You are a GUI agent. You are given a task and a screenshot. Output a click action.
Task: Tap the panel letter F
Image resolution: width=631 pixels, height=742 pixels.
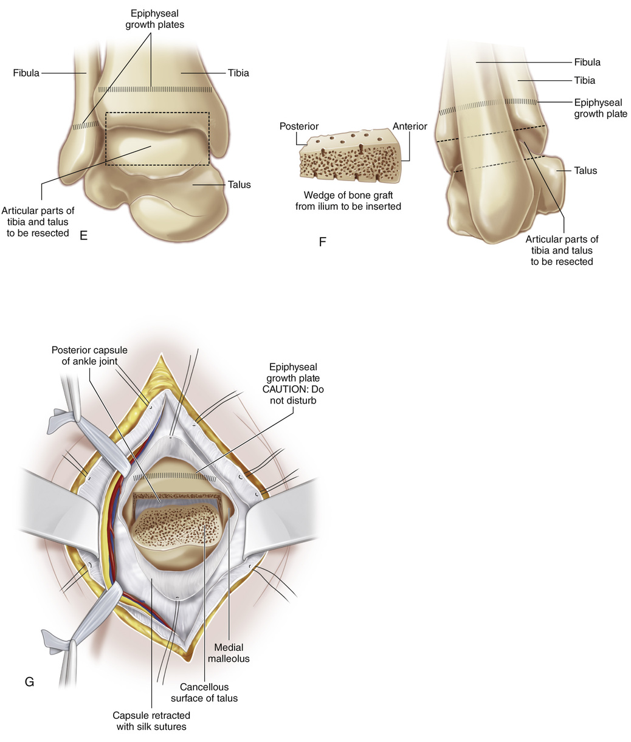point(322,242)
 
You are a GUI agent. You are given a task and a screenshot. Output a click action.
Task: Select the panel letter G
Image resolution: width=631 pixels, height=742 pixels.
point(29,681)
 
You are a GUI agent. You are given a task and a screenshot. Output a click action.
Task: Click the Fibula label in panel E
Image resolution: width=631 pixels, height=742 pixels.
point(26,73)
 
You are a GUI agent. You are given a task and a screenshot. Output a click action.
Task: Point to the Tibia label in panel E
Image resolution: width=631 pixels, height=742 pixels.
point(238,73)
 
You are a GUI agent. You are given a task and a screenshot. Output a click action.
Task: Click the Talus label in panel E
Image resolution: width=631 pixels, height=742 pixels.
point(239,185)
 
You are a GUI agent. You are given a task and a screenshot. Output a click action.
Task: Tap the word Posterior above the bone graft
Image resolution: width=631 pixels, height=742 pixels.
point(299,126)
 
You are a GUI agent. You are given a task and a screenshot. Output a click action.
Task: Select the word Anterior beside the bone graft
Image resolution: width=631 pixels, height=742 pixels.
point(410,126)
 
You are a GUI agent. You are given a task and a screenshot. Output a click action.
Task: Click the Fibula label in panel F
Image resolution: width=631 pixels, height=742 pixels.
point(587,62)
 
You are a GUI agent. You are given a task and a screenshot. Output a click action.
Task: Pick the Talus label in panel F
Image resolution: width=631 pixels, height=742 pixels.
point(585,171)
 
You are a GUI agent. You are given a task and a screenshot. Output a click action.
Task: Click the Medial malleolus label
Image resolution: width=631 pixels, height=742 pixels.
point(229,653)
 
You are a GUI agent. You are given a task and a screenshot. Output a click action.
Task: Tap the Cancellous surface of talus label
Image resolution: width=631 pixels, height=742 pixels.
point(204,692)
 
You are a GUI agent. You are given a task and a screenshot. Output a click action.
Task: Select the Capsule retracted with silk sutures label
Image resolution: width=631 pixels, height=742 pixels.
point(151,721)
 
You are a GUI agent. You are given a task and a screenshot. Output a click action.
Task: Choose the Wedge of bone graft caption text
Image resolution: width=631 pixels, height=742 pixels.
point(348,201)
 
